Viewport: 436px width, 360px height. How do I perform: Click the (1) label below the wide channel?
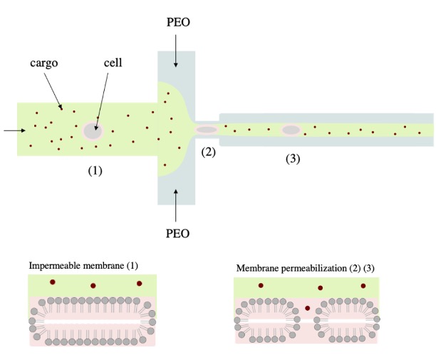[95, 171]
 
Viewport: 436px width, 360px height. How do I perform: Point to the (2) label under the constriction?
[207, 152]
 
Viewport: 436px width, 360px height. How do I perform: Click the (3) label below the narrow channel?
[292, 158]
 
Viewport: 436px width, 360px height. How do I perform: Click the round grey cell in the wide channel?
[93, 131]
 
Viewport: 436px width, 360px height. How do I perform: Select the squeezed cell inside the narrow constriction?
[206, 130]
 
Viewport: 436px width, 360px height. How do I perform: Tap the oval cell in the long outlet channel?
[291, 130]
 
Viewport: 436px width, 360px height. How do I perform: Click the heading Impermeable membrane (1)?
[83, 266]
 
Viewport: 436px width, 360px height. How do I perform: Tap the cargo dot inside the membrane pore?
[308, 308]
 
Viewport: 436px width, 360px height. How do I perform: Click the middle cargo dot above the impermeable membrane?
[93, 285]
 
